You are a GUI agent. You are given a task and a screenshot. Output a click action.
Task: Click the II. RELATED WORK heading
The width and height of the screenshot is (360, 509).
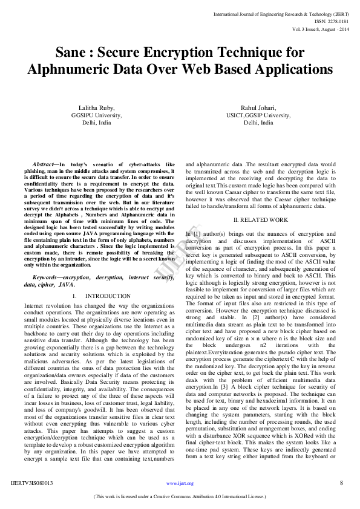pos(261,220)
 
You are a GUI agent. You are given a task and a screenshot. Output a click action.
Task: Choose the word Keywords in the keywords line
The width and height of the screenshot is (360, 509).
pos(47,277)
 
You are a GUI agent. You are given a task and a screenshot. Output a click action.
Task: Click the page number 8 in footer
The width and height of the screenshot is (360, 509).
pos(341,482)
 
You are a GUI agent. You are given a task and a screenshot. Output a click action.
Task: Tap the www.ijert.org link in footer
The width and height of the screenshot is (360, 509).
pos(180,483)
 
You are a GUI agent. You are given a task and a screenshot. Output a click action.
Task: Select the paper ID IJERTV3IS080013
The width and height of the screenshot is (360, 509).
pos(32,483)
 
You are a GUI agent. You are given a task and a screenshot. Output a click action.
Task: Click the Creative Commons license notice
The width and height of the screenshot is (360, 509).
pos(180,497)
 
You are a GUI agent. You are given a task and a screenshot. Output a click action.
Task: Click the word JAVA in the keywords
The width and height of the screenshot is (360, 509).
pos(66,284)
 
